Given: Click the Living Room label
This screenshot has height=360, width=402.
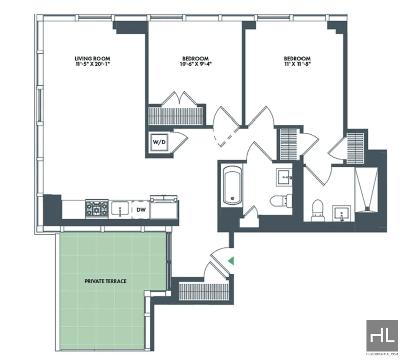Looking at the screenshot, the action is [92, 59].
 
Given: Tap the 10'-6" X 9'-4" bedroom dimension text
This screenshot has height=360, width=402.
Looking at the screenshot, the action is [195, 64].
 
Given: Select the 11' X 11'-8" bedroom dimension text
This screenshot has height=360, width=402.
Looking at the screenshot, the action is [297, 64].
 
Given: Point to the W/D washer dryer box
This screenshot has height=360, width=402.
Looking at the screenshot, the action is [159, 142].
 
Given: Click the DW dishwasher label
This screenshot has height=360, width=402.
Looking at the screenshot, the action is [141, 210].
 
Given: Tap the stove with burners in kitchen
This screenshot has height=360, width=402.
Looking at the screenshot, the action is [96, 209].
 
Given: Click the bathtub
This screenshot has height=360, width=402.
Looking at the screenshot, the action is [232, 185].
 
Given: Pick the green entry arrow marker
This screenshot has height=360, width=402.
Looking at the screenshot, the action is [231, 261].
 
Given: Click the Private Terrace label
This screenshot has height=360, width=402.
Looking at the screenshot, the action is [106, 281].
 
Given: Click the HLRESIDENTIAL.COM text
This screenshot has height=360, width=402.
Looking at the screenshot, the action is [382, 354].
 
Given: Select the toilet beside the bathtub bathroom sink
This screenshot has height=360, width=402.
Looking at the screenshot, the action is [281, 200].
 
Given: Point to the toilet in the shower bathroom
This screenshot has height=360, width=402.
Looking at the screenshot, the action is [318, 210].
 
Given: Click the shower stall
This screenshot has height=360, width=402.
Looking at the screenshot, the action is [366, 190].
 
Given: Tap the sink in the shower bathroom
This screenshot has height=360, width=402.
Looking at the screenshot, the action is [341, 213].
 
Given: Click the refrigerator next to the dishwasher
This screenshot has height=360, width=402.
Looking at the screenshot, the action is [164, 207].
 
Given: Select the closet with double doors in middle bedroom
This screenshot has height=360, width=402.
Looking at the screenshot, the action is [176, 116].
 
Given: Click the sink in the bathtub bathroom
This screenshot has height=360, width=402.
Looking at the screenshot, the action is [284, 177].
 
